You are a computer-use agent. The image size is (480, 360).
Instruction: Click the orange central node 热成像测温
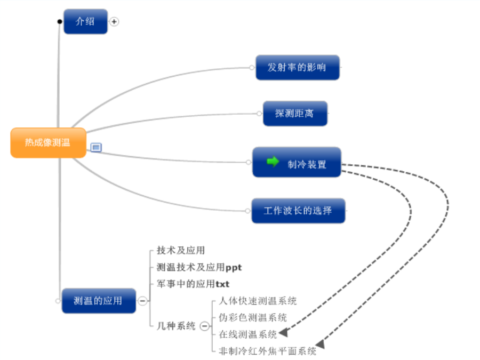(49, 142)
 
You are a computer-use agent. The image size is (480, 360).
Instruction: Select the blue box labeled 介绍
(86, 21)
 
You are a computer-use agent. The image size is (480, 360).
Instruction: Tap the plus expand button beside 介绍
(114, 22)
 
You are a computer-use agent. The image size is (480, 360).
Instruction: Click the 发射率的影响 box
(298, 67)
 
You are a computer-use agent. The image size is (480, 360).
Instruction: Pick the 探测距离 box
(295, 114)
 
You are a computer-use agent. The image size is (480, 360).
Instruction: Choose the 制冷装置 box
(297, 162)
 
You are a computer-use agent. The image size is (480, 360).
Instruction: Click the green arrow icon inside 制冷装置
(273, 161)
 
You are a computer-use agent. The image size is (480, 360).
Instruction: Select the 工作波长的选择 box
(299, 211)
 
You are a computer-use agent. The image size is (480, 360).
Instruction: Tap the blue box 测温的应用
(99, 301)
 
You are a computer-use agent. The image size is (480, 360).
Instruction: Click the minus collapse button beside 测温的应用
(142, 301)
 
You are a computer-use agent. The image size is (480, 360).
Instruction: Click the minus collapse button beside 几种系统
(204, 326)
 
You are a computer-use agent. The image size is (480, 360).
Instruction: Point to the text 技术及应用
(181, 251)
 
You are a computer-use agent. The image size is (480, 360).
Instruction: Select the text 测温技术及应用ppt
(199, 267)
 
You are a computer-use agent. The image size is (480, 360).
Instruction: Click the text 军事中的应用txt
(193, 284)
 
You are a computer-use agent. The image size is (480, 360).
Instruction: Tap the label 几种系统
(176, 326)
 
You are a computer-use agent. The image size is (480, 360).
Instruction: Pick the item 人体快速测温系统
(258, 301)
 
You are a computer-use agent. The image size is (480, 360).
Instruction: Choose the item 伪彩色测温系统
(253, 317)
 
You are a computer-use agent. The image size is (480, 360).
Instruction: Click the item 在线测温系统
(248, 334)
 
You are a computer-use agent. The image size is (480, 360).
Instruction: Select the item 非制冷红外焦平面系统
(268, 351)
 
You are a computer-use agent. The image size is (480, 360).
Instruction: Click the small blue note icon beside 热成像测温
(96, 148)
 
